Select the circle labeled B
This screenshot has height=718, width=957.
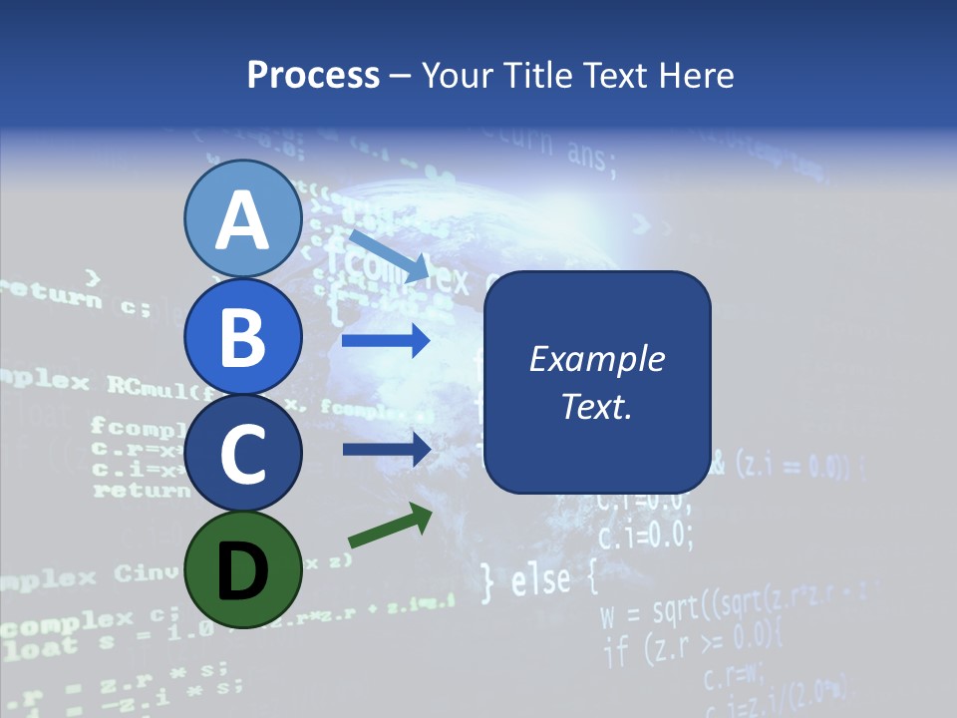242,336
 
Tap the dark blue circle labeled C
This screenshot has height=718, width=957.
242,454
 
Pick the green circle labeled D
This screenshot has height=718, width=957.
242,570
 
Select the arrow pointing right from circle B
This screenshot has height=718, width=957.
386,342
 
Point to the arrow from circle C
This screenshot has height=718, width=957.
386,450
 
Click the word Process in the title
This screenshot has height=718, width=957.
313,75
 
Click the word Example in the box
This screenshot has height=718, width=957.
596,359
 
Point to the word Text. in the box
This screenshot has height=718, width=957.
596,407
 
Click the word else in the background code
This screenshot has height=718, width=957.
542,580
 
